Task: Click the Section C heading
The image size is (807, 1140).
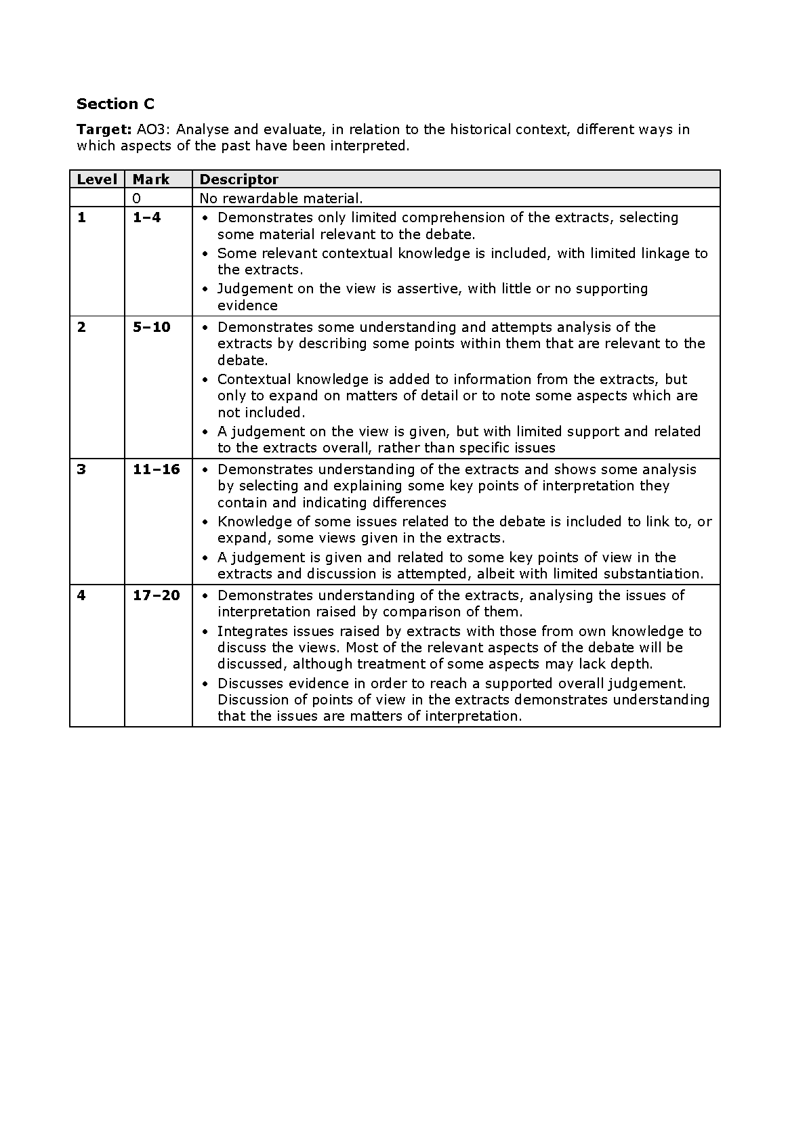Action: coord(115,104)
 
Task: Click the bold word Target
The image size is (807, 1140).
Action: coord(102,129)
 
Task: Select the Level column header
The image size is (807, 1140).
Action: coord(97,180)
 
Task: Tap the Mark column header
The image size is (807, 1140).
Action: coord(151,180)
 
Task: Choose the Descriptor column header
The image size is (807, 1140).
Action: coord(239,180)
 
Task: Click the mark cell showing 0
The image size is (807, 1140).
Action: coord(137,198)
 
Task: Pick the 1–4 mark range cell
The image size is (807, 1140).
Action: coord(147,217)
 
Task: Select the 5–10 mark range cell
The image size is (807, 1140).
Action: coord(151,327)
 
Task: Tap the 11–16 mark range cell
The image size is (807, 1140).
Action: coord(156,469)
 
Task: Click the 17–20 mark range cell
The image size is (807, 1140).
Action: coord(156,595)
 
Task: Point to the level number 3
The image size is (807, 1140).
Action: coord(81,469)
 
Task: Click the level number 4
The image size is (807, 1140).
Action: coord(81,595)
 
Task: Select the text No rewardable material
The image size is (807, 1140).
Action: coord(281,198)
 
